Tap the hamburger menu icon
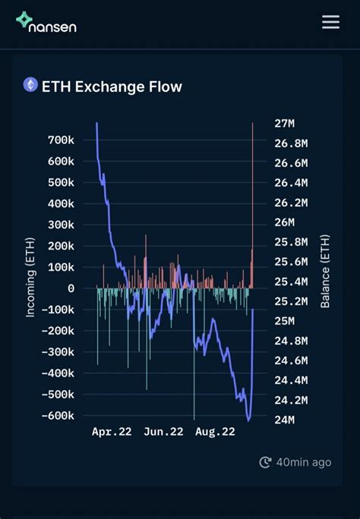point(330,22)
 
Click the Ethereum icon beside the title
point(30,85)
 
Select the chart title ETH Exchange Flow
point(112,86)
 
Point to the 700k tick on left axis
point(60,140)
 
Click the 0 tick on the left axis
point(71,288)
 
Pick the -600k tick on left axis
point(58,416)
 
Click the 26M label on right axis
point(284,222)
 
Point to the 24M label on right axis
point(284,420)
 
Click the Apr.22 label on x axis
point(112,432)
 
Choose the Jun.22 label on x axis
point(163,432)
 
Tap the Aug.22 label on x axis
point(215,432)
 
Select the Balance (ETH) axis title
point(326,271)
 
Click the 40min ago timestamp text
point(303,462)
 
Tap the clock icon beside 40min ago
point(265,462)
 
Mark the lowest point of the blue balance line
point(248,419)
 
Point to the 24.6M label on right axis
point(292,360)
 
